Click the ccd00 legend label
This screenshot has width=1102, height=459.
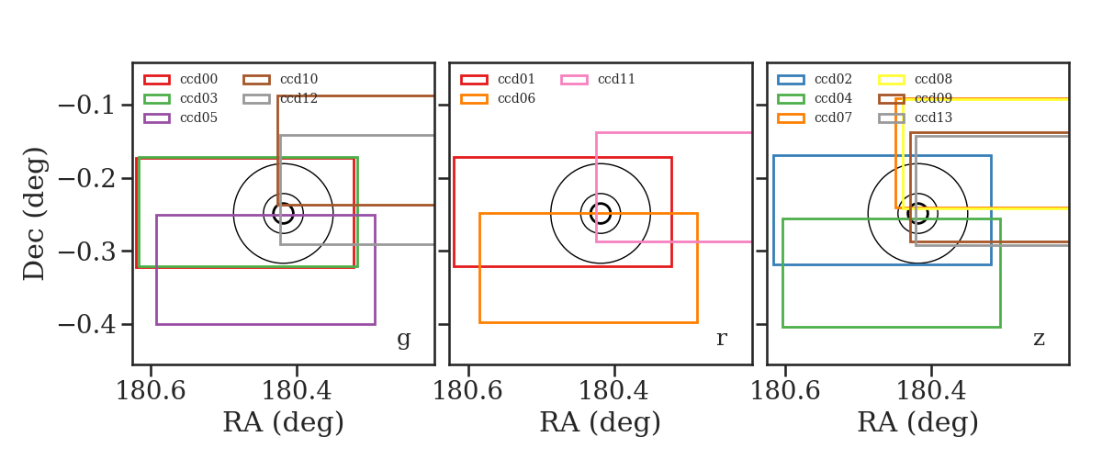[198, 79]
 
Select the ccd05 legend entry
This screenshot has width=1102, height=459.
[181, 118]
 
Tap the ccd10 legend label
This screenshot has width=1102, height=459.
[298, 79]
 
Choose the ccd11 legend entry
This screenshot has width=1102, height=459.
[598, 79]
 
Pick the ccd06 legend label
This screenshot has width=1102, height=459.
[516, 98]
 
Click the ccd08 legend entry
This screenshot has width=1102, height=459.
[915, 79]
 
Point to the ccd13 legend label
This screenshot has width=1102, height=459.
[933, 118]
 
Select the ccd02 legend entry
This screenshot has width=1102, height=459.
[815, 79]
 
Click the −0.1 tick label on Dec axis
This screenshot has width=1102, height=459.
[86, 106]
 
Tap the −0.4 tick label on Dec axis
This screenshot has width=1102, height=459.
[86, 325]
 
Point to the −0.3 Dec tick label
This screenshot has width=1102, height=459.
[86, 252]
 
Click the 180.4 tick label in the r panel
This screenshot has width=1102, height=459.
[613, 391]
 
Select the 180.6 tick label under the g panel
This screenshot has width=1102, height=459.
[151, 391]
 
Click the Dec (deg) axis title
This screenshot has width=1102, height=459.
[35, 214]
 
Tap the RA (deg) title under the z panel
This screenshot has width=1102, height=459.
[917, 422]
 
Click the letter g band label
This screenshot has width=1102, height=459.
[403, 339]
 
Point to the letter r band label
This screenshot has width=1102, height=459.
[721, 338]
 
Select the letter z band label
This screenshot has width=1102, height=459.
[1039, 339]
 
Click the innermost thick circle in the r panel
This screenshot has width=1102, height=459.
[601, 204]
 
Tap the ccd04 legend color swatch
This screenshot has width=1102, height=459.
[791, 99]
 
